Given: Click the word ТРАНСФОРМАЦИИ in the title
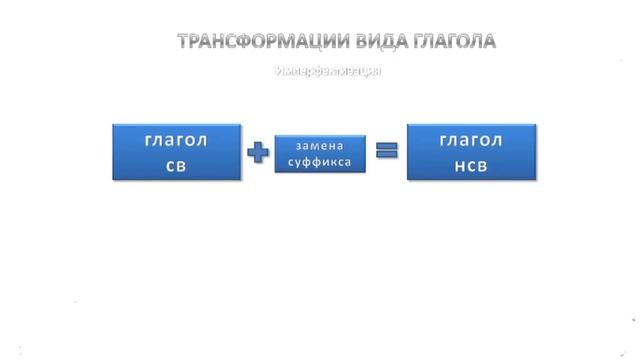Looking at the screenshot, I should coord(256,42).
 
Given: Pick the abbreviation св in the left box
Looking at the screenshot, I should coord(176,165).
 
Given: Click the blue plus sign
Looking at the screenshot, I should coord(258,153).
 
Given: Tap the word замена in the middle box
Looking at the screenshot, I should coord(320,146).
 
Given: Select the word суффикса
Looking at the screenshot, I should coord(320,161).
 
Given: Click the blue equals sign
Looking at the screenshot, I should coord(386,152).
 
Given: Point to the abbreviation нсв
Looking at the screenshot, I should coord(471,165).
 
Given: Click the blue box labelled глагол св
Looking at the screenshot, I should coord(176,152).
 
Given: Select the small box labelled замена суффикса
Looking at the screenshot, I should coord(320,153).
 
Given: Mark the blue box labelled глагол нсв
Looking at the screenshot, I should coord(471,152).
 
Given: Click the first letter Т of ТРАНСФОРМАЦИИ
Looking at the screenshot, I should coord(184,42).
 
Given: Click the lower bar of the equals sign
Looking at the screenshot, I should coord(386,157).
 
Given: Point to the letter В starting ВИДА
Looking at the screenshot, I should coord(351,42).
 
